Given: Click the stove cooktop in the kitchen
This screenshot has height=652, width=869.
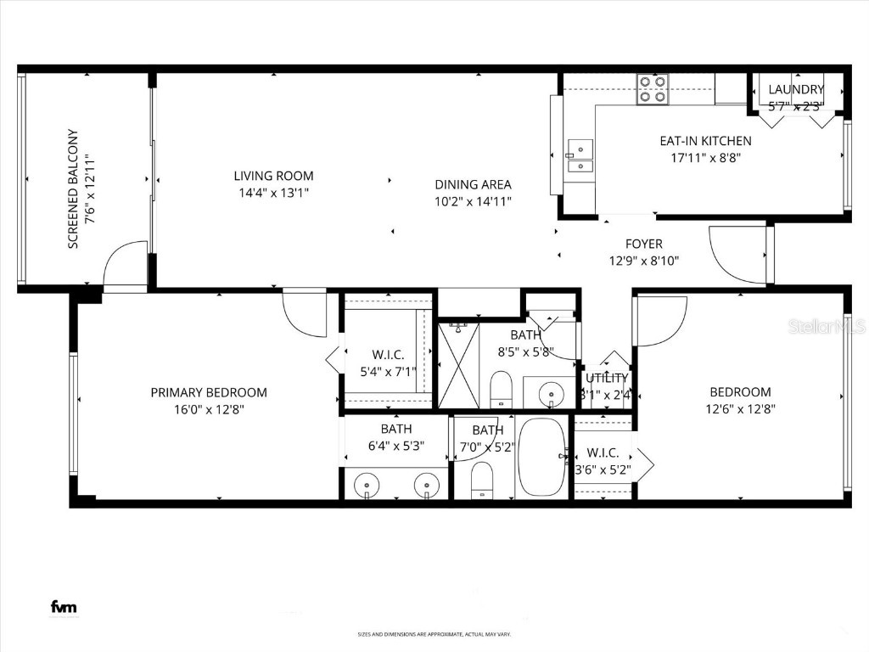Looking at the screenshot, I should tap(653, 89).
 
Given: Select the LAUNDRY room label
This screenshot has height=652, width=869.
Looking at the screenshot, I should tap(795, 89).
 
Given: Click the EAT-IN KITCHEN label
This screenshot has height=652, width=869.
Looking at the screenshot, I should tap(705, 141).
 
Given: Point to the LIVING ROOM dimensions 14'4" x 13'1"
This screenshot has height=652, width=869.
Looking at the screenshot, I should tap(273, 193).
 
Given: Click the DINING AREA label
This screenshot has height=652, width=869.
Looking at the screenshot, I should tap(473, 184).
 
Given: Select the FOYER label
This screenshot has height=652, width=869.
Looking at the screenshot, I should tap(644, 244).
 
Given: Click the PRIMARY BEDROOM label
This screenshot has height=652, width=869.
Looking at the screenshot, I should tap(209, 392).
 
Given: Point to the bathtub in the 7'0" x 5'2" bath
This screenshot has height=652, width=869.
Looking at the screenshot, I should tap(541, 456).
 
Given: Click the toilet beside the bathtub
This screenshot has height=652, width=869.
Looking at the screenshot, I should tap(481, 480).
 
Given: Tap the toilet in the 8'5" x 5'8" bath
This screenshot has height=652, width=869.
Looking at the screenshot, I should tap(501, 390).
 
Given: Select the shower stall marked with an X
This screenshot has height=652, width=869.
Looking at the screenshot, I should tap(458, 366).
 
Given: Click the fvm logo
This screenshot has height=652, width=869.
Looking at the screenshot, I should tap(63, 607).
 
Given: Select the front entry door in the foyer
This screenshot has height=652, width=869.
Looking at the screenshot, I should tap(738, 256).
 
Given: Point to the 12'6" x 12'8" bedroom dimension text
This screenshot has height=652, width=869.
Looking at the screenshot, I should tap(740, 408).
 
